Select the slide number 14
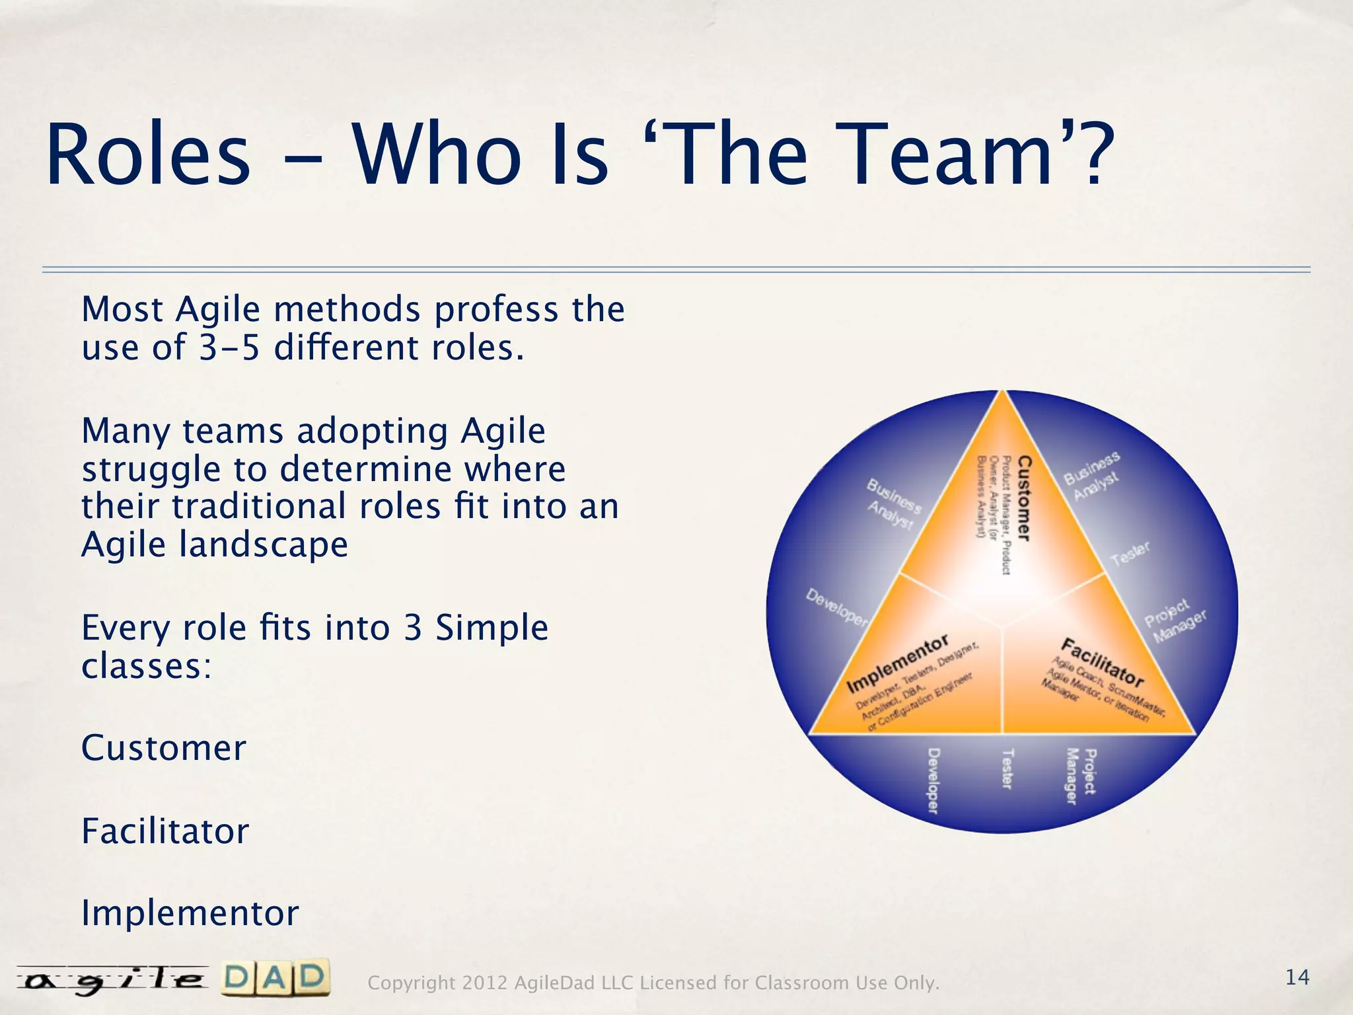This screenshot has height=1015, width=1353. [x=1297, y=977]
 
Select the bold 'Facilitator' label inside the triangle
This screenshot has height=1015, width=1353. [x=1102, y=662]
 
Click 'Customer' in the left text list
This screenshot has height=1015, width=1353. [x=163, y=748]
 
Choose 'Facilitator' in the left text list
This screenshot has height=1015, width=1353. [x=165, y=831]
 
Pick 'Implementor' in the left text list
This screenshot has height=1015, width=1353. [x=190, y=914]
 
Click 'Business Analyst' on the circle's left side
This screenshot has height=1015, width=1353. [x=893, y=504]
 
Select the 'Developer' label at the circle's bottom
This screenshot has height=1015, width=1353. [x=933, y=780]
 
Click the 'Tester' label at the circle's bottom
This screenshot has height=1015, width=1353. [x=1007, y=769]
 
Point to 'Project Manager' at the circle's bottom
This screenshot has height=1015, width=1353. [x=1081, y=776]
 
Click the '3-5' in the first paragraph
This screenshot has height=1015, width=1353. [x=230, y=348]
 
